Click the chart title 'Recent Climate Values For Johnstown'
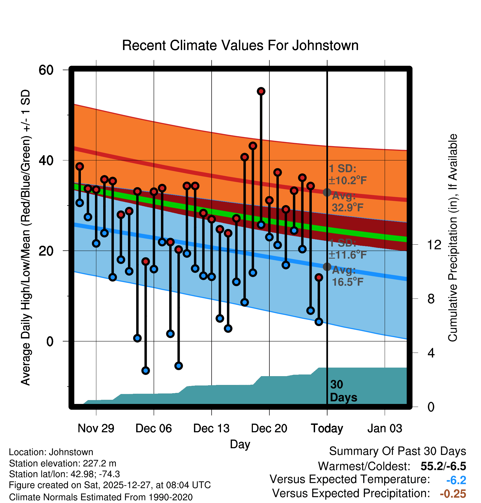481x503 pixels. (x=240, y=45)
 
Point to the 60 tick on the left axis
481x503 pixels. (x=46, y=70)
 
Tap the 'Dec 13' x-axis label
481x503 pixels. (x=211, y=428)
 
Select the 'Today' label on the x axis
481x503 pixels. (x=327, y=428)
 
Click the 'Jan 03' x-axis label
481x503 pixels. (x=385, y=428)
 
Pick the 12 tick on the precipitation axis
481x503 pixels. (x=434, y=245)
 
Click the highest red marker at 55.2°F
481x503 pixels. (x=261, y=91)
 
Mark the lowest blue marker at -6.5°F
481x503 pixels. (x=146, y=370)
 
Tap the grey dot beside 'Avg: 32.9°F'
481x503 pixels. (x=327, y=192)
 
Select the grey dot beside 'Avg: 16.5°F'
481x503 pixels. (x=327, y=266)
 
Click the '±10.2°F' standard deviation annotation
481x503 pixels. (x=348, y=181)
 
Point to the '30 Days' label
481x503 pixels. (x=343, y=391)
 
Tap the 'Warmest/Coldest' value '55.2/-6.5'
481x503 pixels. (x=443, y=466)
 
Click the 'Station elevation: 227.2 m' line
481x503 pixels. (x=62, y=463)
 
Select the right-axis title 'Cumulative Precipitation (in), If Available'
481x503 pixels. (x=452, y=238)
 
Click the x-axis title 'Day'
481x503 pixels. (x=240, y=444)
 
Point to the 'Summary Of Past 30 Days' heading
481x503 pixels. (x=397, y=451)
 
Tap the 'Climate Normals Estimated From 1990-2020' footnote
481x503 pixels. (x=101, y=497)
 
